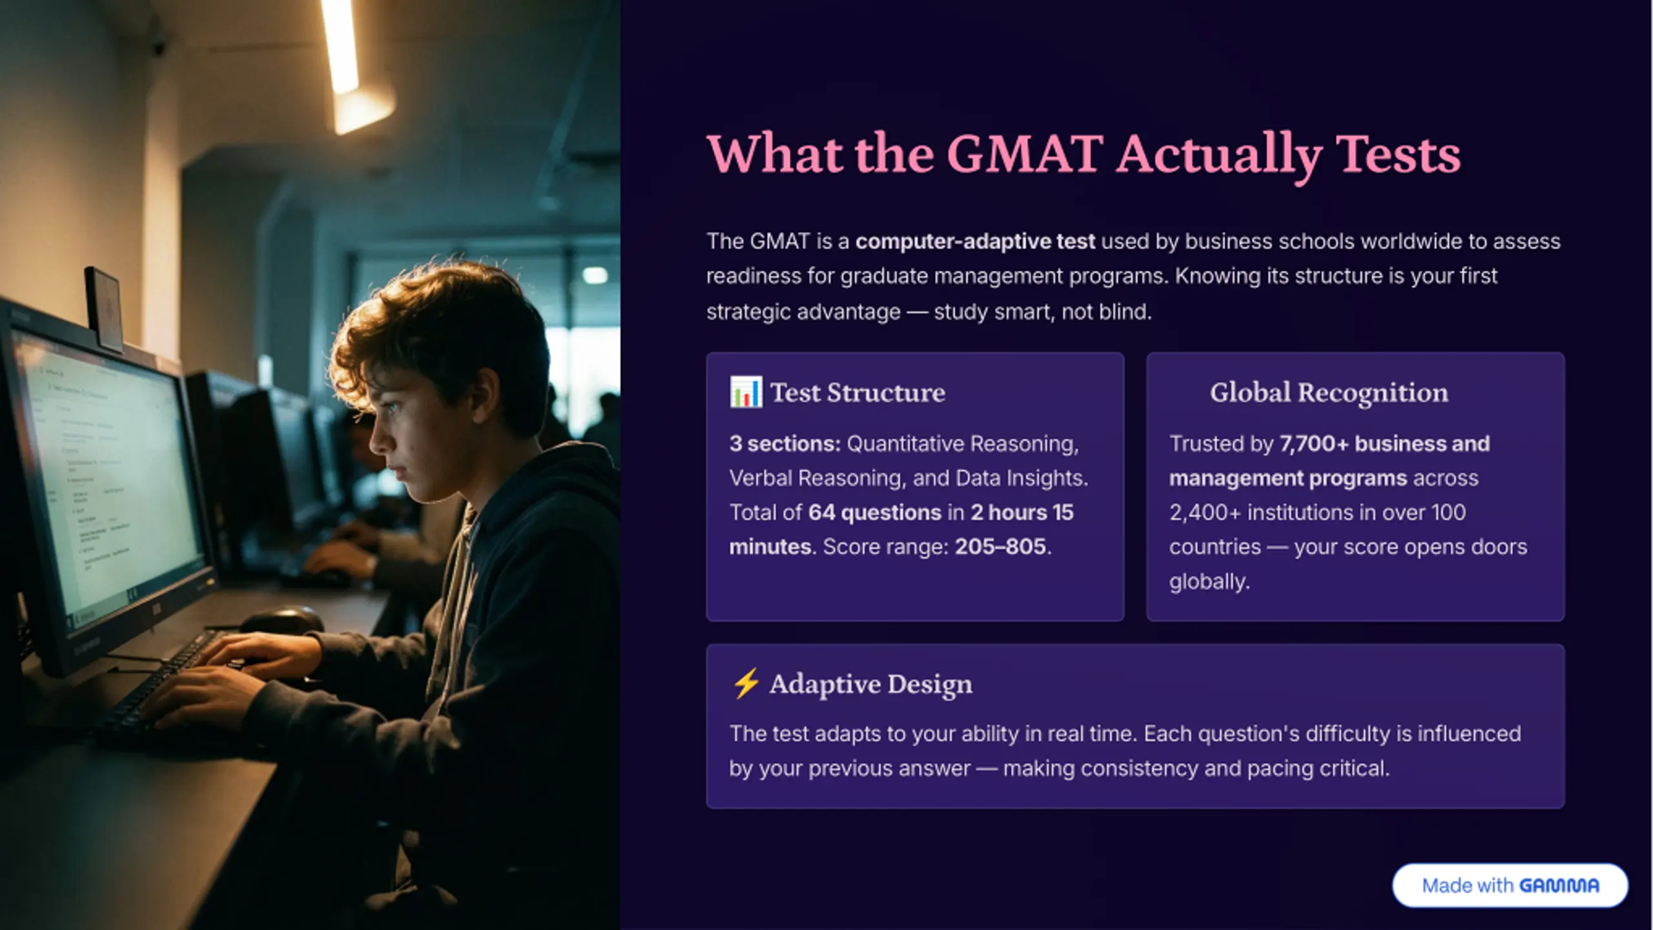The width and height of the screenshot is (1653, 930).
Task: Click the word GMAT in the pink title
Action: [1025, 154]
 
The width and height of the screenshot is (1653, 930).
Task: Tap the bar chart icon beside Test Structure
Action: [746, 392]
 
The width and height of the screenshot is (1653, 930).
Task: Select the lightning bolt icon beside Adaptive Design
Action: [746, 683]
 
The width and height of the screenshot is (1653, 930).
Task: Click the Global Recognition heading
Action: [1329, 392]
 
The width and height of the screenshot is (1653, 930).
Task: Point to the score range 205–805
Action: [1000, 547]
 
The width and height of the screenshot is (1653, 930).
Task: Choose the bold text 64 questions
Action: [875, 512]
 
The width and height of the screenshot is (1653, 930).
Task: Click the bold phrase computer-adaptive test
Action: [975, 241]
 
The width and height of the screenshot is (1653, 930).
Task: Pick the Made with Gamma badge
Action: [1510, 885]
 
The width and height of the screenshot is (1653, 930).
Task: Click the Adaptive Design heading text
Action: [870, 684]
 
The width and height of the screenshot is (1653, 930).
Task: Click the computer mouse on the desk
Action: [282, 622]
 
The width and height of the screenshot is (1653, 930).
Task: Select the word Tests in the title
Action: [1398, 155]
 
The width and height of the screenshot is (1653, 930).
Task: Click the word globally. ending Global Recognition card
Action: [1209, 582]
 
